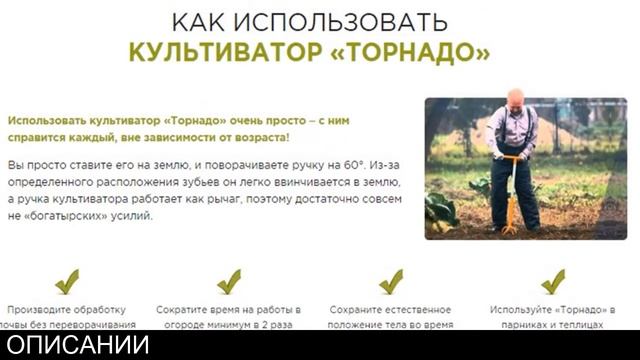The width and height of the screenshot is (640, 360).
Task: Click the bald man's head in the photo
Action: [x=514, y=98]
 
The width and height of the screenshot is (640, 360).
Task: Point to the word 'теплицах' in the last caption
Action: [x=581, y=325]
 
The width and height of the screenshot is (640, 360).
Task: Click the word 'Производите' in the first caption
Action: [x=40, y=310]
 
